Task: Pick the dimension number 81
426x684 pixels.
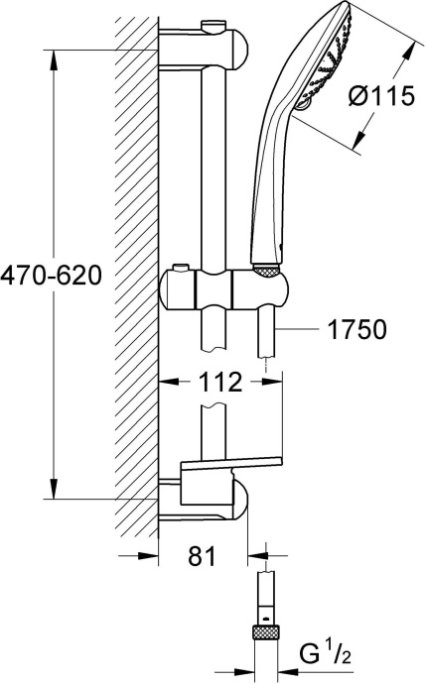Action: pos(202,558)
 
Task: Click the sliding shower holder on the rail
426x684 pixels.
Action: pos(226,289)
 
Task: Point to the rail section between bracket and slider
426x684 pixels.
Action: pos(214,169)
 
